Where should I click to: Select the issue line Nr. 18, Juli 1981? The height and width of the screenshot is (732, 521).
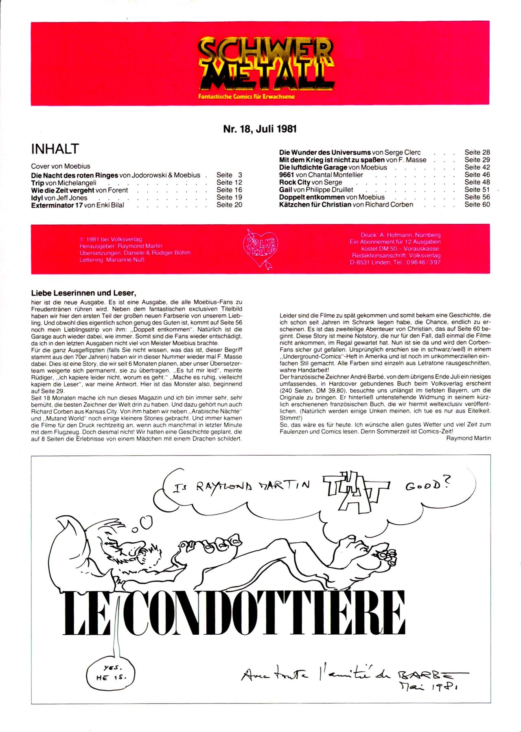(260, 129)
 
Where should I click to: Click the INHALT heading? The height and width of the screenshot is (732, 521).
(55, 149)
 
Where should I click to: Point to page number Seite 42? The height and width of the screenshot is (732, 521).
(477, 167)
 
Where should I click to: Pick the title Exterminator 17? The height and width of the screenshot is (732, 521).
(57, 205)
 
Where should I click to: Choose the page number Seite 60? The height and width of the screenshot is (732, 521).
(477, 204)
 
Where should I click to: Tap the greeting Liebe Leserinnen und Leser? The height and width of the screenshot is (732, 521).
(83, 293)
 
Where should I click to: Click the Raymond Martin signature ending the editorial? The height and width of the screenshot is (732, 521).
(468, 438)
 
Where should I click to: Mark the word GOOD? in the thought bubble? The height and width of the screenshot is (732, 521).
(427, 484)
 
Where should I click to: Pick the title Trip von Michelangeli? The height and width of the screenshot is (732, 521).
(63, 183)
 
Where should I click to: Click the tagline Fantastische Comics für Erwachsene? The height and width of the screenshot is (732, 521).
(246, 97)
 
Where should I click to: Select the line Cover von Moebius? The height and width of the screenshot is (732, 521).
(61, 166)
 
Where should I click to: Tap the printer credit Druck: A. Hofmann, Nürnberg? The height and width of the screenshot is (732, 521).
(401, 235)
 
